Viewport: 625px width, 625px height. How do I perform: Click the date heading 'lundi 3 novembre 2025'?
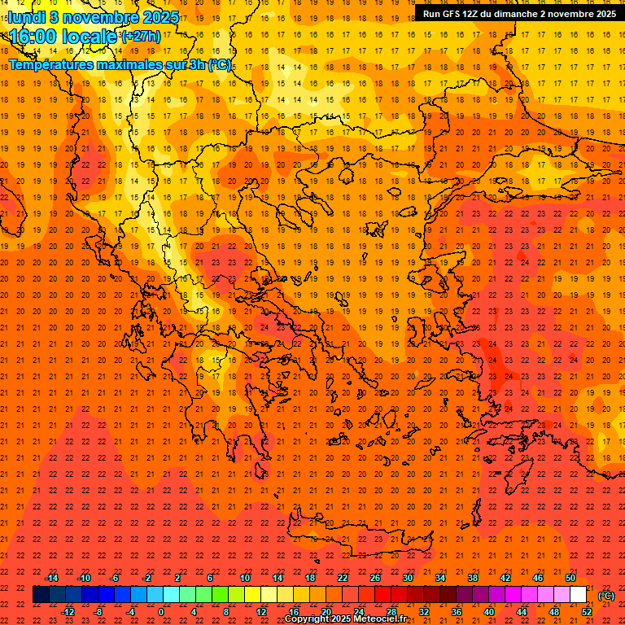point(94,16)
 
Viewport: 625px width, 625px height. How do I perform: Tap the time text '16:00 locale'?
point(63,37)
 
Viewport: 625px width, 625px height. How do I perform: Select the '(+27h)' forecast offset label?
point(141,37)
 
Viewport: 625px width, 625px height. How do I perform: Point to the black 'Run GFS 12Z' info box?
point(518,13)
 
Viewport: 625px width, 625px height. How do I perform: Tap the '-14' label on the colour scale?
point(51,578)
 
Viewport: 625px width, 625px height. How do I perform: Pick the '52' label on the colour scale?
point(587,612)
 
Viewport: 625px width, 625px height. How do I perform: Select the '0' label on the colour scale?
point(161,612)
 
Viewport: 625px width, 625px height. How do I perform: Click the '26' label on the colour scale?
point(375,578)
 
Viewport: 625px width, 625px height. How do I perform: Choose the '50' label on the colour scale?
point(570,578)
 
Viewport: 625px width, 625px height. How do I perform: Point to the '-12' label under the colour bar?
point(68,612)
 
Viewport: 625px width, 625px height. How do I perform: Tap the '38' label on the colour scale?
point(473,578)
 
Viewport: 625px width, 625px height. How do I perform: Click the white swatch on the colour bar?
point(579,595)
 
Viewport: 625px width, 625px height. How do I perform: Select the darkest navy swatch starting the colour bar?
point(41,595)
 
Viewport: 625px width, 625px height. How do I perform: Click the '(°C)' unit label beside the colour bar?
point(606,596)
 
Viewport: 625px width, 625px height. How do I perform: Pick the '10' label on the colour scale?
point(245,578)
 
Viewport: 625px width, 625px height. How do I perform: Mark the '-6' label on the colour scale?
point(116,578)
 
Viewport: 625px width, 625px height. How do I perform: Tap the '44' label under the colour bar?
point(522,612)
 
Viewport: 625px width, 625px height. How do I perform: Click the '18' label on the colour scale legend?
point(310,578)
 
